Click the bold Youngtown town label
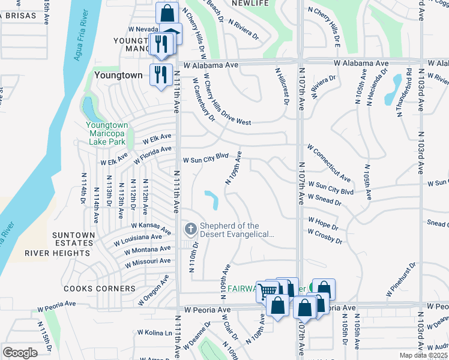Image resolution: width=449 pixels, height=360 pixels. (118, 76)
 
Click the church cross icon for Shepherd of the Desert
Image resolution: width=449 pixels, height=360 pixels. (190, 228)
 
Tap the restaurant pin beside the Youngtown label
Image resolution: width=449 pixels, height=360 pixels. (160, 75)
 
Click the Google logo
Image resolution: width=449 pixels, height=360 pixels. (20, 352)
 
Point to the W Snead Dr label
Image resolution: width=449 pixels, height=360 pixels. (324, 200)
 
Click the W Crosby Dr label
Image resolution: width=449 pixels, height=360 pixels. (325, 236)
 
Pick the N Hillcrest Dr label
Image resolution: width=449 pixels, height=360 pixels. (283, 86)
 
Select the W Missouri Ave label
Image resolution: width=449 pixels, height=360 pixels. (148, 263)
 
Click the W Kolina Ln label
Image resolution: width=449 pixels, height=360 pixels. (155, 332)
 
